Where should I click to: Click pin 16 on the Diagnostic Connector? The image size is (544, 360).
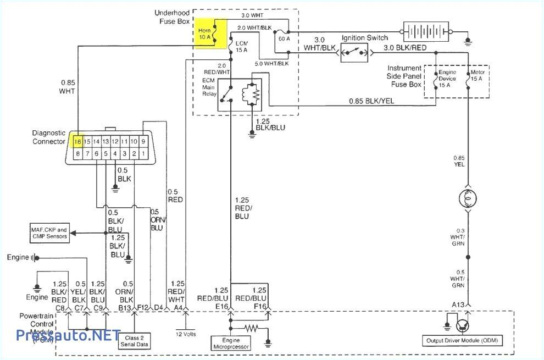tap(78, 141)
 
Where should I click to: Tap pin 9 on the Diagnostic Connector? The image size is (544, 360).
tap(143, 141)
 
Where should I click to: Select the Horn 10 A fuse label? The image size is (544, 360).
tap(204, 34)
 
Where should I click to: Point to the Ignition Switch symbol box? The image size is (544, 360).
tap(354, 53)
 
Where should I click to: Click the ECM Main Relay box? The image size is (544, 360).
tap(240, 95)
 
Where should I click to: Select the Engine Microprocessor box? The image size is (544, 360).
tap(230, 344)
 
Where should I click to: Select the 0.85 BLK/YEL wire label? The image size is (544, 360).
tap(371, 101)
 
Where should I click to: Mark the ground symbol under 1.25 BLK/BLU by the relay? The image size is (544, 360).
tap(252, 132)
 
